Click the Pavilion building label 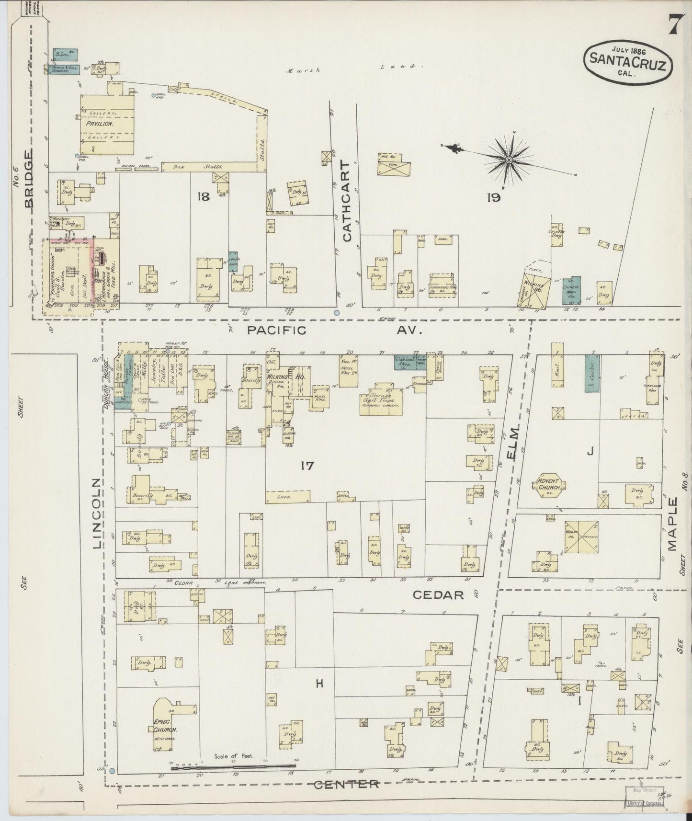click(99, 124)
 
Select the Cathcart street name click(346, 201)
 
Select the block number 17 click(306, 465)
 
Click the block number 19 click(493, 197)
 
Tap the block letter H click(319, 684)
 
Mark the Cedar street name click(438, 595)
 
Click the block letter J click(590, 451)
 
